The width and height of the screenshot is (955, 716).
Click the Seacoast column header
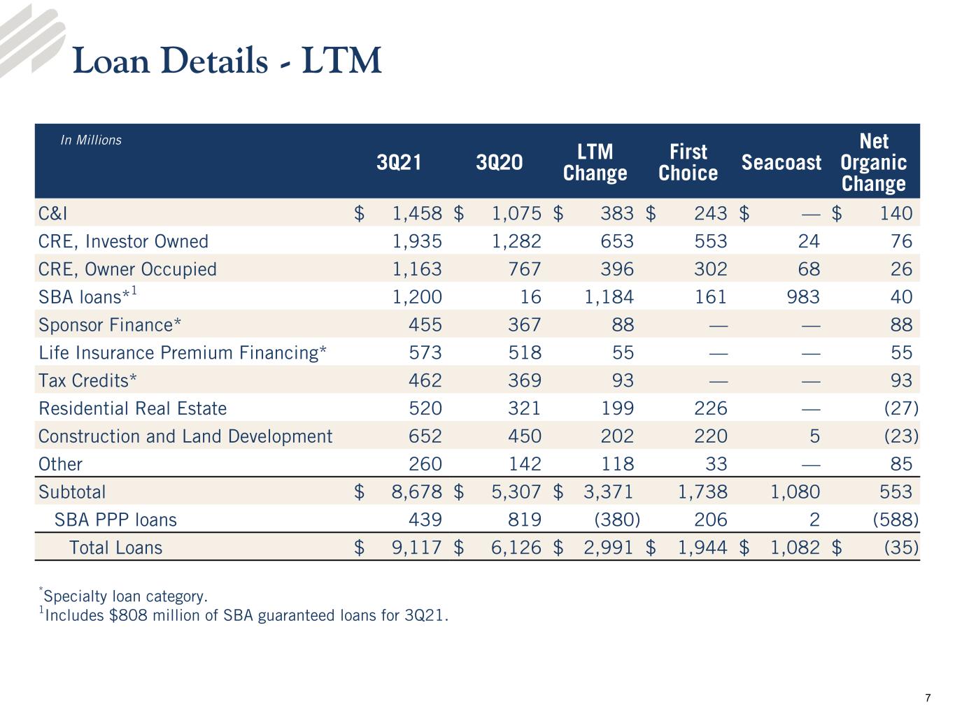[781, 163]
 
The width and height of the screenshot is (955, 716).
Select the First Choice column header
[688, 162]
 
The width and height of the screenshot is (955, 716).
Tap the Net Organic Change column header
[874, 162]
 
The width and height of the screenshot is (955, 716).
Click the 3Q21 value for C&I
[417, 213]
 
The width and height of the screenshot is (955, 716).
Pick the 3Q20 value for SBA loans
[531, 297]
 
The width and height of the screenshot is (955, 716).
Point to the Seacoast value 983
[803, 297]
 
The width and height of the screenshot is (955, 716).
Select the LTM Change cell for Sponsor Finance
[623, 324]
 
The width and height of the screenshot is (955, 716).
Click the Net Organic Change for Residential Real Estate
[901, 408]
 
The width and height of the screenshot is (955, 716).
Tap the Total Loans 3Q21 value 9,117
[416, 547]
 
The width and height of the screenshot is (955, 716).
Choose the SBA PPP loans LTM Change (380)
[617, 520]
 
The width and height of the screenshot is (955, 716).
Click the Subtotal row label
[72, 492]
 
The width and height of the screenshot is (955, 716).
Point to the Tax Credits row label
[87, 380]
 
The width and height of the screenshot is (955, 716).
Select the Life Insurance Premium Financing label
[183, 352]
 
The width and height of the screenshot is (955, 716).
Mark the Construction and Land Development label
[185, 436]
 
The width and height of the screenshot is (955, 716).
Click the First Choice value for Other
[716, 464]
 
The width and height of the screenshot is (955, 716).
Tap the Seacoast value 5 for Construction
[814, 436]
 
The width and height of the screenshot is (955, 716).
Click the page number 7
[928, 698]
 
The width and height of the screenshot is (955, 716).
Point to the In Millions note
[91, 140]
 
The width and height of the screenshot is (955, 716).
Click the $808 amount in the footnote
[128, 615]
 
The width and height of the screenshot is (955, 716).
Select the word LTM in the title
[341, 60]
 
